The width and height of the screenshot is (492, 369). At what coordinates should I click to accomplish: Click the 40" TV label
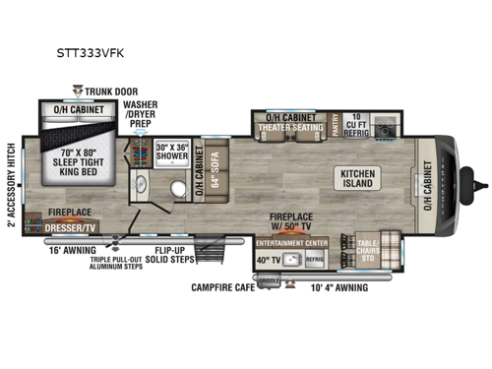[x=268, y=260]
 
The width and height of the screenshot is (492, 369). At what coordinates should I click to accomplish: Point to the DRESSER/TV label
[x=68, y=225]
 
